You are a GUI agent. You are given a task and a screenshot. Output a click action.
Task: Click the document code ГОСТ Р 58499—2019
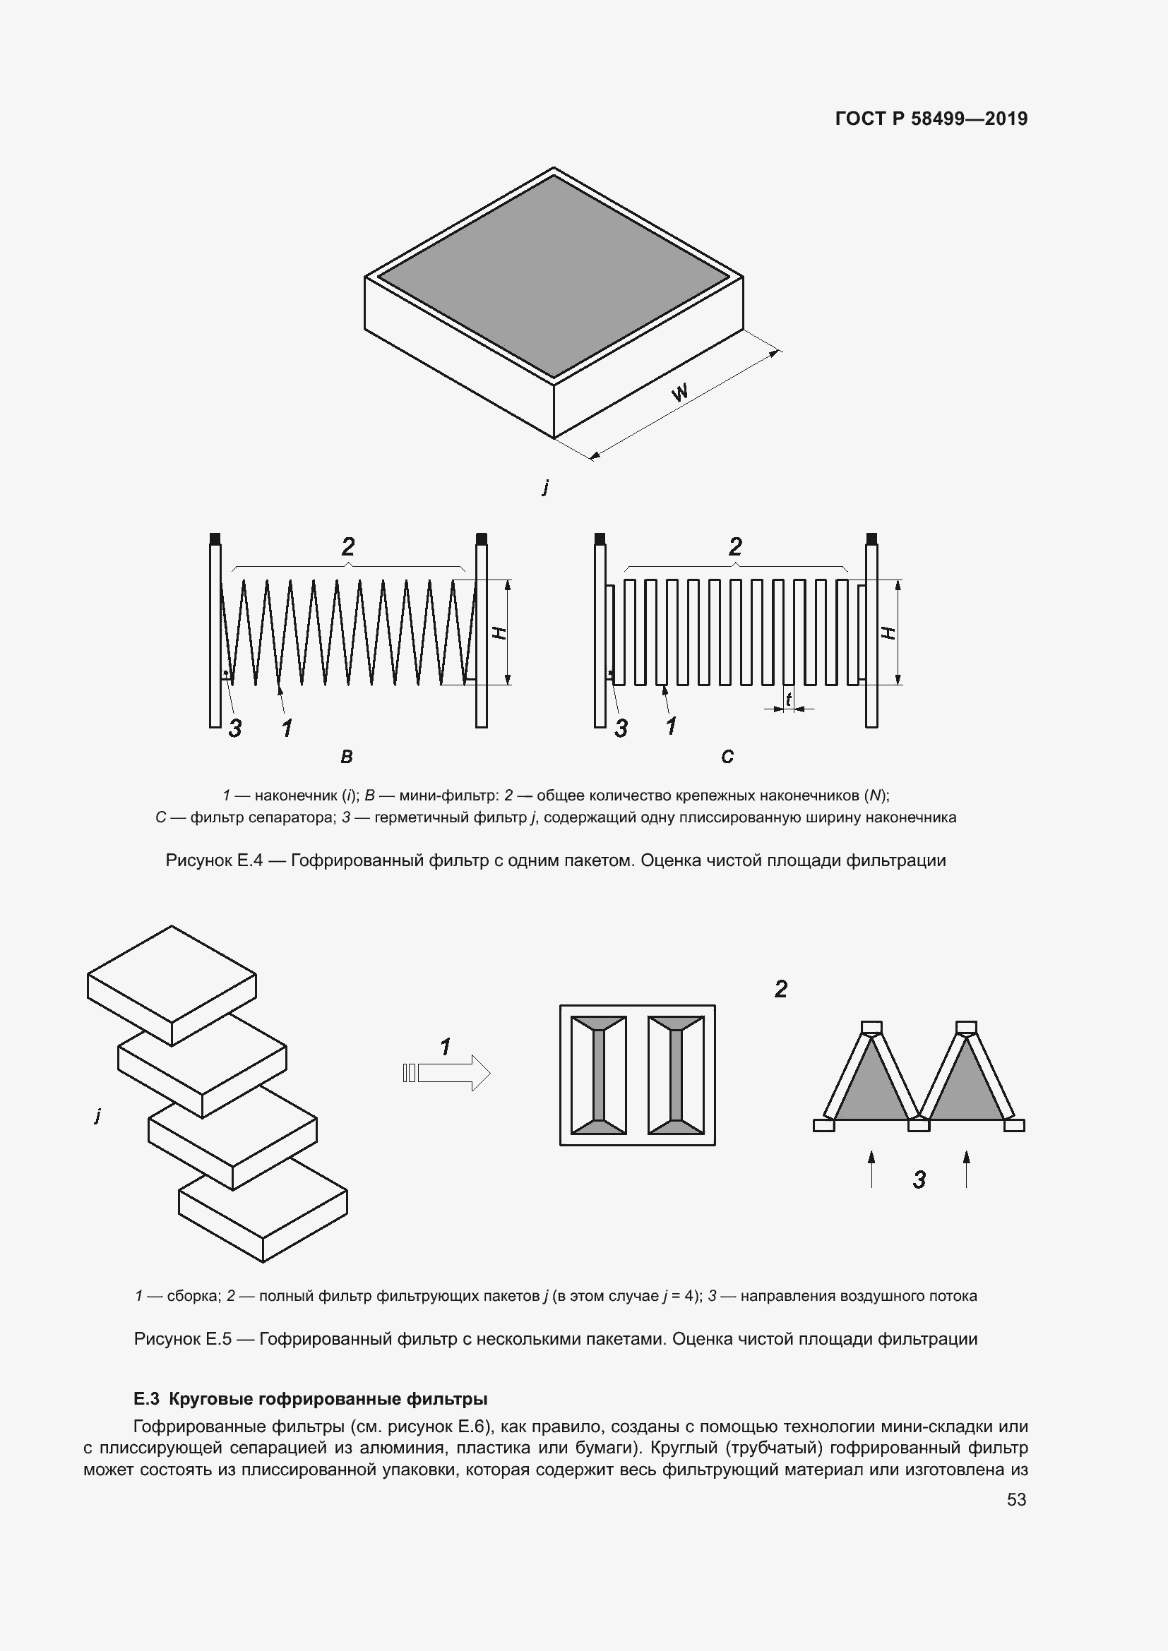pos(931,119)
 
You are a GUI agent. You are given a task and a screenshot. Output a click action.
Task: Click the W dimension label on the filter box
pos(679,392)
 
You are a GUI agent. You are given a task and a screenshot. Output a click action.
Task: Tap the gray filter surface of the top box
pos(554,276)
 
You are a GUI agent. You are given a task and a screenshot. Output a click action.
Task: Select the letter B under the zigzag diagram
pos(347,757)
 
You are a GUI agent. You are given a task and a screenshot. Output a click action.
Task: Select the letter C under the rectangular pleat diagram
pos(727,757)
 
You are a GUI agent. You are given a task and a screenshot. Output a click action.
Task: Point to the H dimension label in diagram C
pos(890,632)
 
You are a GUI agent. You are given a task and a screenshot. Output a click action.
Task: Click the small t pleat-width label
pos(789,698)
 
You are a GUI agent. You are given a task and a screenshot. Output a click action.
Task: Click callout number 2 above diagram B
pos(348,547)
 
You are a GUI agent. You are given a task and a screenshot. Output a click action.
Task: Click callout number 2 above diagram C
pos(735,547)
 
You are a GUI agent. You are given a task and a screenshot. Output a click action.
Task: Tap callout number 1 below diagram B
pos(287,728)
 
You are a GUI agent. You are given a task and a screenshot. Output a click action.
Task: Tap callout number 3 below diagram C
pos(621,728)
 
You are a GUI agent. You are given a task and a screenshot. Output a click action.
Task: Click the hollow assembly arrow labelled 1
pos(446,1074)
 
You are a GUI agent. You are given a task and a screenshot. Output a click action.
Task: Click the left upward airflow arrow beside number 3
pos(871,1168)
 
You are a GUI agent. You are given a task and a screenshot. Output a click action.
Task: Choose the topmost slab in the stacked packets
pos(172,986)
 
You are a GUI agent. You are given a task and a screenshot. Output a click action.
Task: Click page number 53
pos(1016,1499)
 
